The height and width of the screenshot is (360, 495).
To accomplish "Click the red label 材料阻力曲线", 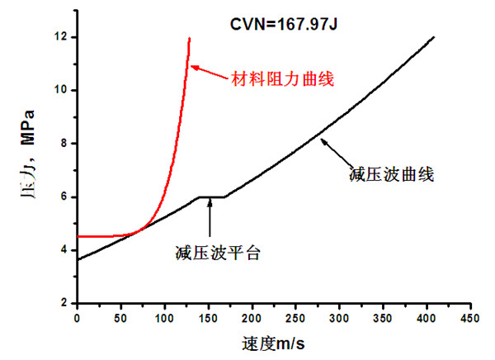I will click(275, 79).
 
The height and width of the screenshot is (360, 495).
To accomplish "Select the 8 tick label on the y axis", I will click(64, 144).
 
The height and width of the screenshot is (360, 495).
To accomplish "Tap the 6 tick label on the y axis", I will click(64, 197).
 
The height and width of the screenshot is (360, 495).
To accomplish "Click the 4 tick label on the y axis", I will click(64, 250).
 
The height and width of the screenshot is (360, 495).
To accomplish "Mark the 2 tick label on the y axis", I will click(64, 304).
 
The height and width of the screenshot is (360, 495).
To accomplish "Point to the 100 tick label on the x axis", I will click(164, 317).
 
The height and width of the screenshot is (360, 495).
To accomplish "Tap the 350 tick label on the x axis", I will click(381, 317).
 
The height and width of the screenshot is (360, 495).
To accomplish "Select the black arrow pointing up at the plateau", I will click(210, 217).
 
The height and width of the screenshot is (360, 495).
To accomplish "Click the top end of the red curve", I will click(189, 38).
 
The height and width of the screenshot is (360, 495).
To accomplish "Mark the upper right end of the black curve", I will click(433, 37).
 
